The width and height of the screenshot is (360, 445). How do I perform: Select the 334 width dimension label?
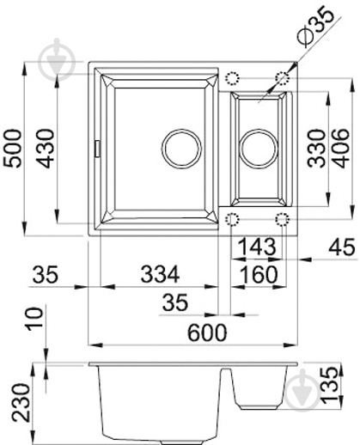point(161,275)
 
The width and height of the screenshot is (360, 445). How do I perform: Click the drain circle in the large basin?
point(180,147)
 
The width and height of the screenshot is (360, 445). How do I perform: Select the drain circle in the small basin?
point(257,147)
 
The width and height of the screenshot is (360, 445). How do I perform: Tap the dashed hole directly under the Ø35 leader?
point(281,78)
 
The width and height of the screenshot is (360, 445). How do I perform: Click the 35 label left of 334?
point(47,275)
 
